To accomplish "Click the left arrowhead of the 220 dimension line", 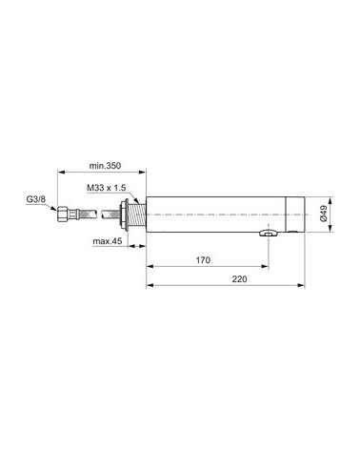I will (x=149, y=285).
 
